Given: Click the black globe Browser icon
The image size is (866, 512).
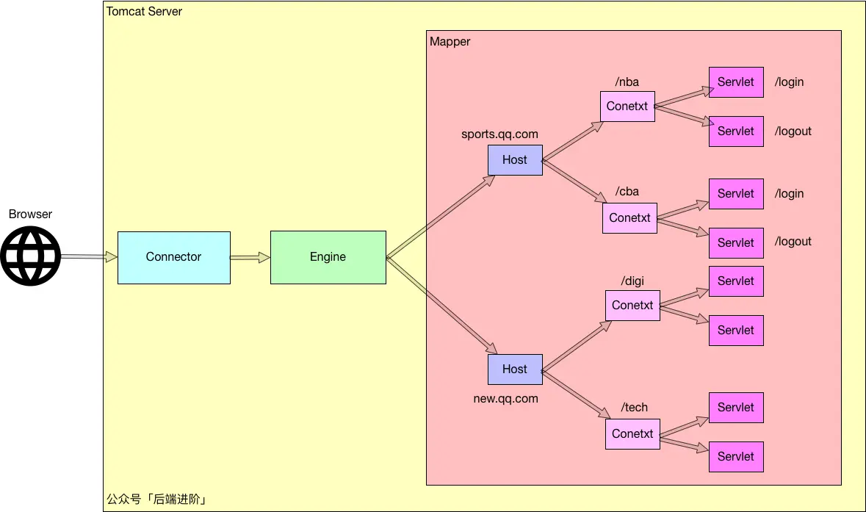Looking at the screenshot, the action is [30, 256].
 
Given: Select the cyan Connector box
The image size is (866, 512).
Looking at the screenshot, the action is [174, 257].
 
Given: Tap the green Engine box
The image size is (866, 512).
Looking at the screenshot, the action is [328, 257].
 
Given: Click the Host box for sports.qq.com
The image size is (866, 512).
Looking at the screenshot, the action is [516, 160].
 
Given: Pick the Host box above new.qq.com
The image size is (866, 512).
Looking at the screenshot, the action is [516, 369].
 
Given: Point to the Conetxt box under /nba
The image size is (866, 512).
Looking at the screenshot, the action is [627, 107].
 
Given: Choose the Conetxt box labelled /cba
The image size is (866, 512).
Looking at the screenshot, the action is [629, 218].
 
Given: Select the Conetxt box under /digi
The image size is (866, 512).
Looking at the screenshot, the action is [632, 306].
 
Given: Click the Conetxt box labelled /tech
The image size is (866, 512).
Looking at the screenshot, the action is [632, 434].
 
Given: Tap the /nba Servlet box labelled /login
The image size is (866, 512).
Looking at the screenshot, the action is [736, 82].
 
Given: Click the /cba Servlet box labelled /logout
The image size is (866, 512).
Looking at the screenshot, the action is [736, 243].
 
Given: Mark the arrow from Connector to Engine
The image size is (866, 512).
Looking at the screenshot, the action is [250, 257].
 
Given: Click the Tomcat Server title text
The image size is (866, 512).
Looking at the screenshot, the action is [144, 12].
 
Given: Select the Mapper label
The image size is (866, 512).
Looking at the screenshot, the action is [450, 42].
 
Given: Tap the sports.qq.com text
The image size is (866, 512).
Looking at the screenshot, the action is [499, 134].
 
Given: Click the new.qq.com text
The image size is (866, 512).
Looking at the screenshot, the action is [506, 399].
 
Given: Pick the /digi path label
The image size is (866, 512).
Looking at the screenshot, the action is [632, 281].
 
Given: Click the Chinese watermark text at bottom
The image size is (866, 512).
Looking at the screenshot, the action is [156, 500].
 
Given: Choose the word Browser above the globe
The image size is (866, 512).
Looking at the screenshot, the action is [30, 214].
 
